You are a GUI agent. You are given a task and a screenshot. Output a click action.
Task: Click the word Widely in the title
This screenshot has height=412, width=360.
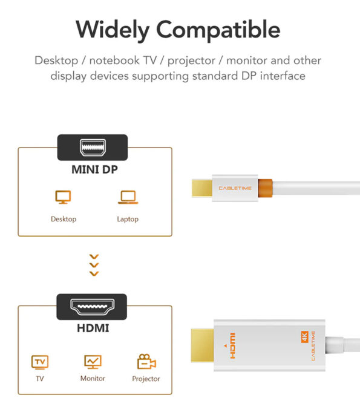coord(113,30)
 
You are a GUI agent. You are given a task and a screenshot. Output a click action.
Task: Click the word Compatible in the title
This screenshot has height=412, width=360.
coord(218,30)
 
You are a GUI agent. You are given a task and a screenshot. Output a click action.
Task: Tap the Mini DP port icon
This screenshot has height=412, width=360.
coord(93,148)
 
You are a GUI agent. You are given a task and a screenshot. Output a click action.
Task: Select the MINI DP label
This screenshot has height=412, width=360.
coord(94,169)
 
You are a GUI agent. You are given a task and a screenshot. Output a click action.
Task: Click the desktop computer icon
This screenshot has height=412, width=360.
coord(63,197)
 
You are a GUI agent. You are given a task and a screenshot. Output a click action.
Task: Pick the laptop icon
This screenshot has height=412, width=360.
coord(128,197)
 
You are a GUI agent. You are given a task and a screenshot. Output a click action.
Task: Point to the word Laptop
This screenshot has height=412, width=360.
coord(128,219)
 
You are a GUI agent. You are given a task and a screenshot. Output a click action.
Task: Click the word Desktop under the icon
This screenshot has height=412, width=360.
coord(64,219)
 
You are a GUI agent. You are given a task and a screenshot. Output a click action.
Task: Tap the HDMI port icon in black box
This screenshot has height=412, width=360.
coord(93,307)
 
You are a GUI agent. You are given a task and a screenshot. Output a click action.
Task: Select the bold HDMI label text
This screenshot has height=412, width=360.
coord(93,328)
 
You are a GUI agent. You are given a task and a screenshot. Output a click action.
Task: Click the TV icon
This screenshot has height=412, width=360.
coord(40,362)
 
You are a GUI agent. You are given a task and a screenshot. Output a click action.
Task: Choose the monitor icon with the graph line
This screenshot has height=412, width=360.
coord(93,362)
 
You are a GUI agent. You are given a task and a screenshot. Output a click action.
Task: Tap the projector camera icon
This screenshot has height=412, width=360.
coord(146,361)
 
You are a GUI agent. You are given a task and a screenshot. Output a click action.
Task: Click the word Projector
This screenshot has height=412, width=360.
coord(146,379)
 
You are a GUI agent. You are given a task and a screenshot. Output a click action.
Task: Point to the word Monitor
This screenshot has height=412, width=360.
coord(93,378)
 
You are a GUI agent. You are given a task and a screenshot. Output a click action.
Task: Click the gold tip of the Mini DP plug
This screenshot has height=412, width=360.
coord(202,188)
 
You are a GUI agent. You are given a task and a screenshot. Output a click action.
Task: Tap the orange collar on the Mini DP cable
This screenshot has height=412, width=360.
coord(265,188)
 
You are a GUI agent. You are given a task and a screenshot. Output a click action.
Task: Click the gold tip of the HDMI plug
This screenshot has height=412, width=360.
coord(202,345)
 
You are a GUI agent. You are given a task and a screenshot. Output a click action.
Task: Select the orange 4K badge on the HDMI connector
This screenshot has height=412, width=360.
coord(304,337)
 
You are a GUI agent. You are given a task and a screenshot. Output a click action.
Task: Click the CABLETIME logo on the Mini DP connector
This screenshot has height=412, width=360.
coord(235,188)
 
